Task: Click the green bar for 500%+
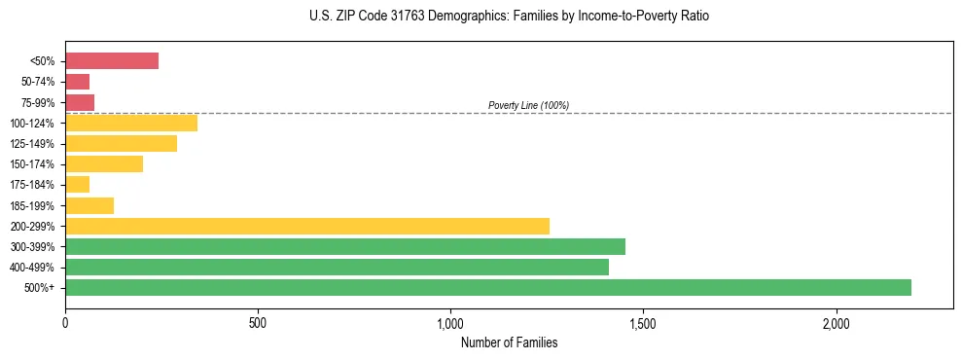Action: point(487,287)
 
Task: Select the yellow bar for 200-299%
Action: point(306,226)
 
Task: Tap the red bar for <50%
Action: point(111,60)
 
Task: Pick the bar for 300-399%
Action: point(344,246)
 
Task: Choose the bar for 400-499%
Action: point(337,267)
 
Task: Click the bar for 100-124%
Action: point(130,123)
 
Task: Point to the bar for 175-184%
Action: point(77,184)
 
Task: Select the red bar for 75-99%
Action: point(79,102)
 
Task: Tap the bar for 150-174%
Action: point(103,163)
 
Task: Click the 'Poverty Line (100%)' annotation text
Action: point(528,105)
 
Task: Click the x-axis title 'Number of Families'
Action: point(509,342)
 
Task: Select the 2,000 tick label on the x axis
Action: point(837,322)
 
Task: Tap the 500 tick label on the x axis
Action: point(258,322)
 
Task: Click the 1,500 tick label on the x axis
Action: point(643,322)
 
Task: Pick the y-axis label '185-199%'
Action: point(32,205)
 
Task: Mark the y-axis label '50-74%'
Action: point(37,82)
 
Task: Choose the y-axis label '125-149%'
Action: point(32,143)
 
